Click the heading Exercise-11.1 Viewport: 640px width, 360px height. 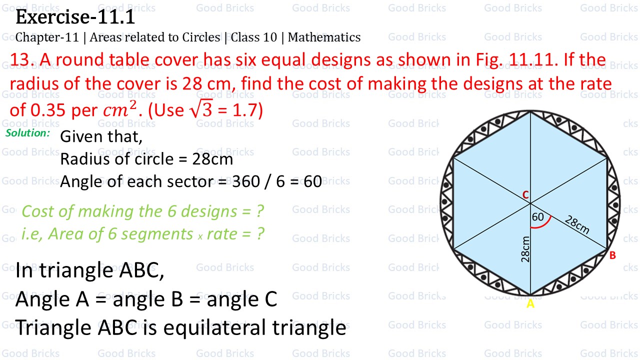(75, 18)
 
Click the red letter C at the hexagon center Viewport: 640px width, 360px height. (525, 195)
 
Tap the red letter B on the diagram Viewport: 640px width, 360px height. (612, 255)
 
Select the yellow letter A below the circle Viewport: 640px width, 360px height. (530, 303)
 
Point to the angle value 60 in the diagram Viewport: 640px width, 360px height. (537, 217)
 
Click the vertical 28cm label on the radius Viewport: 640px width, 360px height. (525, 249)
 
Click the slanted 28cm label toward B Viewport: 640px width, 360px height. (577, 224)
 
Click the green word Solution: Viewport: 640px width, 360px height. (28, 133)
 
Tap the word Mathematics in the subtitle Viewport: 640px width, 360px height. (324, 37)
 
